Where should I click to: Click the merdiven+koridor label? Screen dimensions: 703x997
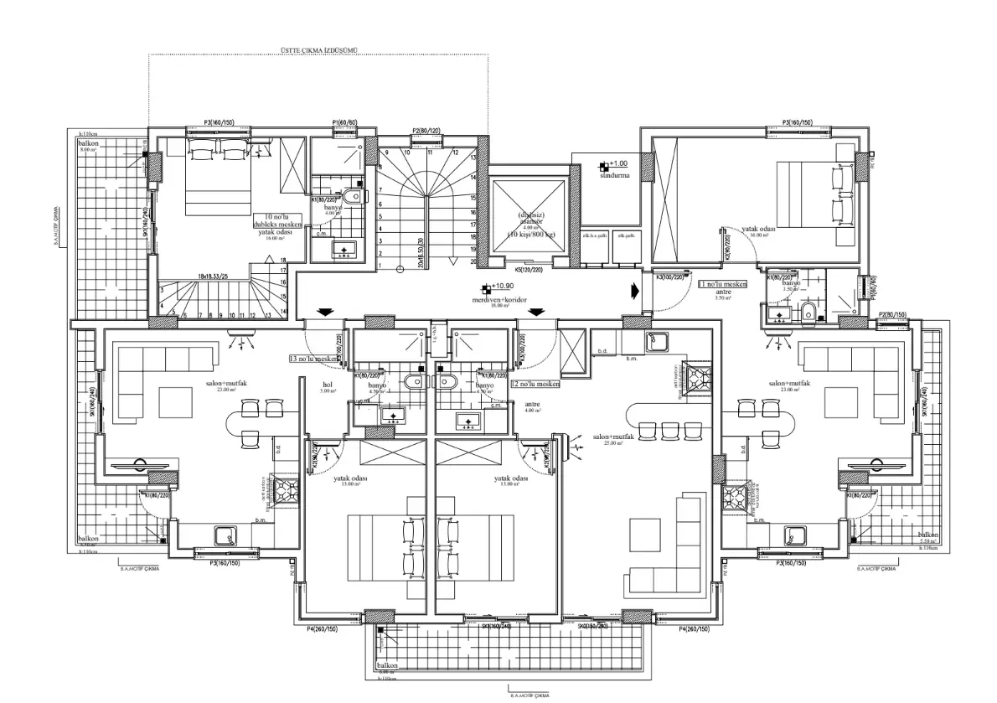click(502, 298)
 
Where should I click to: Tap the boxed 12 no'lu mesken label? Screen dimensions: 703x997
click(535, 384)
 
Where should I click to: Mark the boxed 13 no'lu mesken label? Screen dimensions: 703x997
click(313, 359)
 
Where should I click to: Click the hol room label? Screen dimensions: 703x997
click(327, 385)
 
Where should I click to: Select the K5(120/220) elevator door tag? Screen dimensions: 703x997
click(529, 270)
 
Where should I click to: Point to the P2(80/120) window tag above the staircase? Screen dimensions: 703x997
click(426, 131)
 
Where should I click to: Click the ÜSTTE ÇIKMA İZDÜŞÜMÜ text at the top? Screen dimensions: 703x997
click(318, 50)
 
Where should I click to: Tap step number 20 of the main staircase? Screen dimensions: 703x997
click(473, 261)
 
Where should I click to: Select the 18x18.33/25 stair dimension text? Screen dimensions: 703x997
click(214, 275)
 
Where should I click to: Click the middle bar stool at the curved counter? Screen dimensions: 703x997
click(669, 430)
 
